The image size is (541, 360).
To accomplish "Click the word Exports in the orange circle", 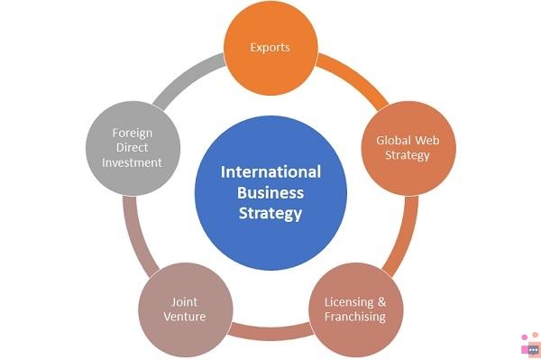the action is [x=270, y=48].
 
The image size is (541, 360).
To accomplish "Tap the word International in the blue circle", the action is [x=270, y=172].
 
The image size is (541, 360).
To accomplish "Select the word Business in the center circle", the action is [x=270, y=192].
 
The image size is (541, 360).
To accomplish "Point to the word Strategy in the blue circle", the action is [x=270, y=214].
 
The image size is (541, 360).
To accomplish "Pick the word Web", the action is [x=427, y=140].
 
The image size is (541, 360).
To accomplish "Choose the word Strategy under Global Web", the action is [x=408, y=155].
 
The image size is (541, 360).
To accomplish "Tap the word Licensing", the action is [x=349, y=302].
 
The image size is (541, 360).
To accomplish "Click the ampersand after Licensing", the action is [x=381, y=302].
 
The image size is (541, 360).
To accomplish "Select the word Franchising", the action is [x=355, y=317].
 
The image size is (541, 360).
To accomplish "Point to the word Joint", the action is [x=185, y=302].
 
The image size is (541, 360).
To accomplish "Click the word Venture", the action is [x=185, y=317].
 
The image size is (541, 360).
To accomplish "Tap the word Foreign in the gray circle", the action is [x=133, y=134].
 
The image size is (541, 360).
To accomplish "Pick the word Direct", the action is [x=133, y=148].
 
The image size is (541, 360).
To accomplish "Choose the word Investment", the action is [x=133, y=162].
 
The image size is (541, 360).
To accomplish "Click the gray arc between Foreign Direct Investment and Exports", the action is [x=187, y=78].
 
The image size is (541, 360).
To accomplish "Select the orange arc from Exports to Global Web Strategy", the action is [x=355, y=78].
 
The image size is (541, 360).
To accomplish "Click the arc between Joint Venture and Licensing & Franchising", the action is [x=270, y=332].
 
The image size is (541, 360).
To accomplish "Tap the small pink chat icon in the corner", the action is [x=531, y=346].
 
